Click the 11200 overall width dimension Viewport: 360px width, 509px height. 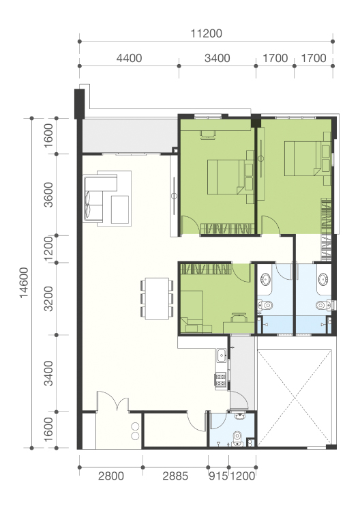pyautogui.click(x=206, y=33)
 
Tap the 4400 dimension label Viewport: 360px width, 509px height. pyautogui.click(x=129, y=59)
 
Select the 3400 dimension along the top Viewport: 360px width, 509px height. pyautogui.click(x=217, y=59)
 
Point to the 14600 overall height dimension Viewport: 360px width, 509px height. pyautogui.click(x=24, y=282)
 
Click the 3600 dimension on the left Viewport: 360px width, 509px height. pyautogui.click(x=48, y=194)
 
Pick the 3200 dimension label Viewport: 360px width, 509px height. pyautogui.click(x=48, y=299)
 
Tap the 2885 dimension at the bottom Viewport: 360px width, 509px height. pyautogui.click(x=175, y=476)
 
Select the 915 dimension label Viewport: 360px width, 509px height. pyautogui.click(x=218, y=476)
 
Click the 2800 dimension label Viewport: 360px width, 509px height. pyautogui.click(x=111, y=476)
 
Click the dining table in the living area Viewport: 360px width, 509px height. pyautogui.click(x=157, y=299)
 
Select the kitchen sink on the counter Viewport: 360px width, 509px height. pyautogui.click(x=222, y=355)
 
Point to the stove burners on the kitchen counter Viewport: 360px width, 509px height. pyautogui.click(x=221, y=380)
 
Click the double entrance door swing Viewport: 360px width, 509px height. pyautogui.click(x=113, y=401)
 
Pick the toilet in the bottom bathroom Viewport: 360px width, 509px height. pyautogui.click(x=237, y=438)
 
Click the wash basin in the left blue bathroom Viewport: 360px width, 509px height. pyautogui.click(x=266, y=279)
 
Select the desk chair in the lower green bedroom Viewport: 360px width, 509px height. pyautogui.click(x=238, y=316)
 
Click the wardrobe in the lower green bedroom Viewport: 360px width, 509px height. pyautogui.click(x=206, y=269)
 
